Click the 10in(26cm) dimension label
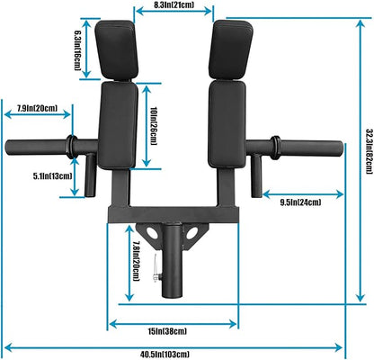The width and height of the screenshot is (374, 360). click(x=154, y=121)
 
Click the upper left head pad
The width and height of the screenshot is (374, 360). click(x=117, y=49)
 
